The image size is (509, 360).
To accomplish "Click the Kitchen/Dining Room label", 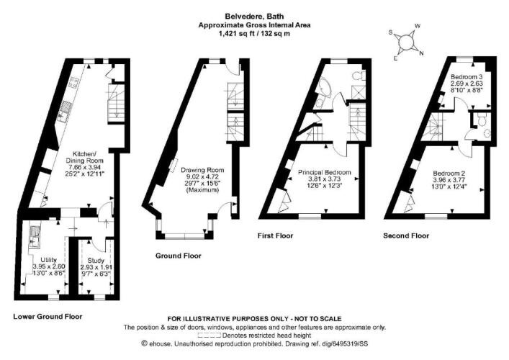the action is pos(84,157).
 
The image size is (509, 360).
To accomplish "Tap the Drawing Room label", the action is pos(202,170).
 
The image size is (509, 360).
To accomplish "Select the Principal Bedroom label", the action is pos(324,172).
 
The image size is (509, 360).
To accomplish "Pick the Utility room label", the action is pos(49,260).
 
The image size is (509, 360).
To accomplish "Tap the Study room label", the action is pos(96,261).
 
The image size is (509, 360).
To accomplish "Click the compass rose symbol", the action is pos(406,42).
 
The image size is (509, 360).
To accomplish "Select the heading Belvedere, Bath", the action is pos(255,17).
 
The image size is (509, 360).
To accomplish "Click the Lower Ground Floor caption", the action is pos(48,317).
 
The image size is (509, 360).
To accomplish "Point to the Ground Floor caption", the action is pos(179,256).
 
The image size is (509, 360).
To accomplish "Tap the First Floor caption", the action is pos(275,235).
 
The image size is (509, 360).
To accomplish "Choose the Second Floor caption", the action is pos(406,235).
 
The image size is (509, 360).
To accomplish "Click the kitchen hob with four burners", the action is pos(73,83).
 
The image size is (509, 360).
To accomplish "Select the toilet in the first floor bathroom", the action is pos(359,76).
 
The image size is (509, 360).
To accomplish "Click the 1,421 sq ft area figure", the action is pos(232,33).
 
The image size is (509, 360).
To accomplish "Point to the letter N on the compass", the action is pos(421,53).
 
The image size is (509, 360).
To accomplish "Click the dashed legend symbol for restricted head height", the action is pos(209,336).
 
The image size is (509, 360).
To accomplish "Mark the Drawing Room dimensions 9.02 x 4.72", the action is pos(202,177).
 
